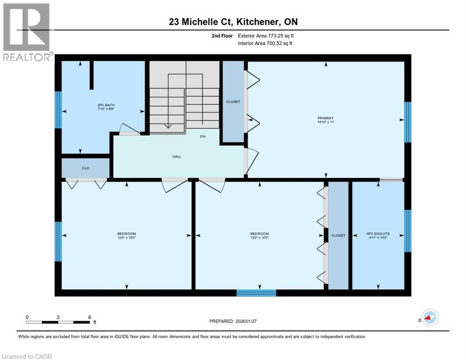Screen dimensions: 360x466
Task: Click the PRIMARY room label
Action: [325, 118]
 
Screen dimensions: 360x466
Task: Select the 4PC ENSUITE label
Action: [378, 233]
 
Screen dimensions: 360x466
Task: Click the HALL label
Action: [176, 157]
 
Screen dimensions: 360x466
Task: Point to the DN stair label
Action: [203, 137]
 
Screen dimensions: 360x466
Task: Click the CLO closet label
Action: [85, 168]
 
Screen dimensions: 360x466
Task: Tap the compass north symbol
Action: [429, 317]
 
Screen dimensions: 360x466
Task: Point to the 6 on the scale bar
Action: [89, 317]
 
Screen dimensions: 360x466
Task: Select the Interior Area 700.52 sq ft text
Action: [265, 44]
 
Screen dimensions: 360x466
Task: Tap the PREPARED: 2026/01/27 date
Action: [233, 321]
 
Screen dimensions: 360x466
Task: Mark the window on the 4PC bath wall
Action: [58, 110]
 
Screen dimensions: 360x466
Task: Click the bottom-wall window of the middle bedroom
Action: [256, 293]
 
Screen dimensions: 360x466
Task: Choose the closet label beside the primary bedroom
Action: [233, 101]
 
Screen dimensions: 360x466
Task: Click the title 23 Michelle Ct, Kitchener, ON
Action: [233, 22]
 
